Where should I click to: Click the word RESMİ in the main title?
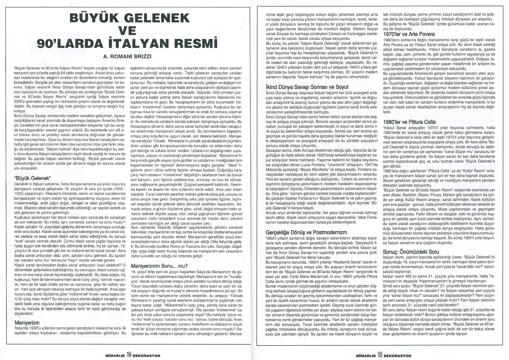pos(195,44)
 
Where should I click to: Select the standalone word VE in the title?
pos(132,31)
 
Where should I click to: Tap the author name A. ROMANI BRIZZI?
pos(132,56)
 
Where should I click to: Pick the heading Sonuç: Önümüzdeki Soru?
pos(411,251)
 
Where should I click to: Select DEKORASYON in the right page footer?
pos(398,355)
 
